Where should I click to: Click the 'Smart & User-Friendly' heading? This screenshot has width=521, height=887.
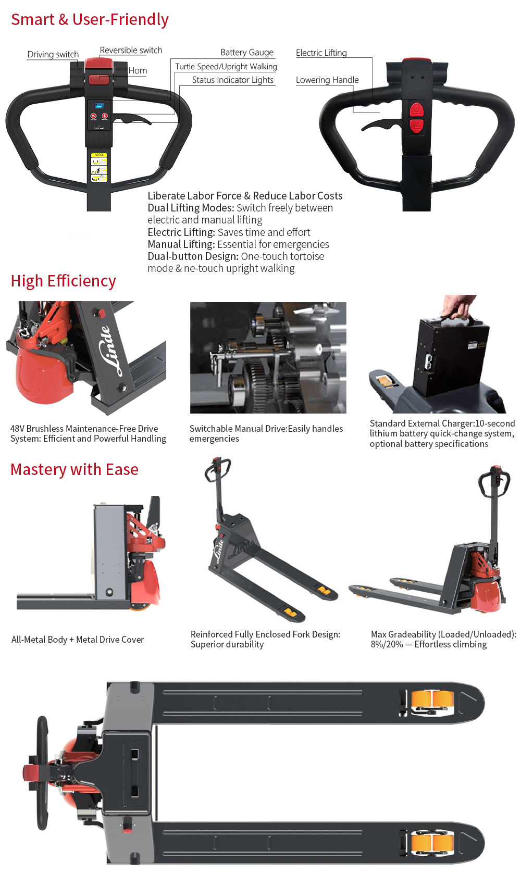(90, 20)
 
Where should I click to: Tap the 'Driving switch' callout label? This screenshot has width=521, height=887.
(53, 54)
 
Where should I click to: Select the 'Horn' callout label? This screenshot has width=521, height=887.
(138, 70)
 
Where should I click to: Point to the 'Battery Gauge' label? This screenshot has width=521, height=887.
(247, 52)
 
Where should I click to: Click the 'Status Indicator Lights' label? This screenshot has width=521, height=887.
(232, 80)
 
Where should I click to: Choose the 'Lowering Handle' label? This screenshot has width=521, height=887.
(327, 80)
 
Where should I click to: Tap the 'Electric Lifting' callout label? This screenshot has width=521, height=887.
(321, 53)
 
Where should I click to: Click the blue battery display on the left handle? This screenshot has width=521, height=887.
(98, 106)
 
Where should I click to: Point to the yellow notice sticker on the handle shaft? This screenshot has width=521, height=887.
(99, 168)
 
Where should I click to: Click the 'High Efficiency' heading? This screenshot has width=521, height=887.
(64, 281)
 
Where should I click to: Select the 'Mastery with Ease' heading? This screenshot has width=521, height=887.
(75, 469)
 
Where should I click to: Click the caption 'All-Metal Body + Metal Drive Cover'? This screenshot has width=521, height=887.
(78, 640)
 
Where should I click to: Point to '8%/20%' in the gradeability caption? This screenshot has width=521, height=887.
(387, 644)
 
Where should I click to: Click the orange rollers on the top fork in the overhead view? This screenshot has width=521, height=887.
(432, 702)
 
